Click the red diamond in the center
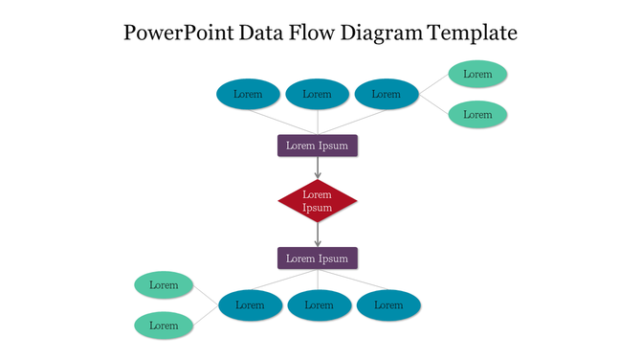[x=318, y=201]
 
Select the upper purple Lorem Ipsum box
[x=318, y=146]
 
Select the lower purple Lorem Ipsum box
[x=318, y=259]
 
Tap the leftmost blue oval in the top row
[x=248, y=94]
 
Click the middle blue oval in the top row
[x=317, y=94]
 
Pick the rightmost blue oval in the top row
[x=387, y=94]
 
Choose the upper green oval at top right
[x=477, y=74]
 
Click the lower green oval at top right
[x=477, y=114]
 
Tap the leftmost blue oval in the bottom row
[x=250, y=305]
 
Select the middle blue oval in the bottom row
[x=319, y=305]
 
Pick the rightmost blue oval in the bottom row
[x=388, y=305]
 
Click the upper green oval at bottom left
[x=164, y=284]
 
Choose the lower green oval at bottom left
[x=164, y=326]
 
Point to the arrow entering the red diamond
[x=318, y=168]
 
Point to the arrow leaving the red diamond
[x=318, y=235]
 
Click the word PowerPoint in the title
[x=181, y=34]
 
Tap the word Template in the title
[x=473, y=34]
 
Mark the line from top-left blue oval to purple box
[x=283, y=121]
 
